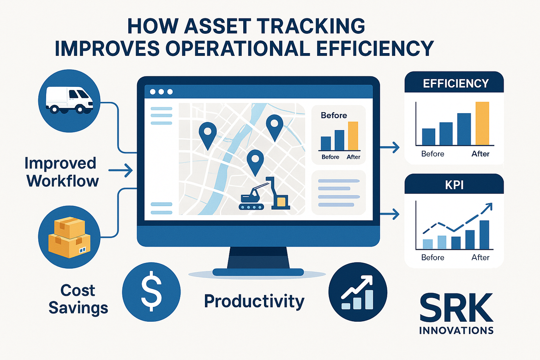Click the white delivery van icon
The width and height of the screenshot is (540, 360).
(x=69, y=100)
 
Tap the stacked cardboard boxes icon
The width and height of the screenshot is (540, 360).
(x=69, y=238)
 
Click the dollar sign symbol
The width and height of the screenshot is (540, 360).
(x=151, y=292)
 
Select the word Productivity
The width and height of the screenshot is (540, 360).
(x=254, y=301)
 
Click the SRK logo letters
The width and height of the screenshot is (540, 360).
(x=456, y=308)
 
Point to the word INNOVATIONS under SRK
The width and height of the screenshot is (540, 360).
(x=456, y=331)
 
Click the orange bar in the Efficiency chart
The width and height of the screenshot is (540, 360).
(x=482, y=123)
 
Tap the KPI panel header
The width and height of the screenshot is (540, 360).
(x=454, y=185)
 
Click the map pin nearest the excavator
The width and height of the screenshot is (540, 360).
(x=255, y=162)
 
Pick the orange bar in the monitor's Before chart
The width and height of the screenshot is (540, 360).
(x=353, y=136)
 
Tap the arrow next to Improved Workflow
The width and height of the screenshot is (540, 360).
(x=120, y=170)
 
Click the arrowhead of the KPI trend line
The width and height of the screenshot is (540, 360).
(x=488, y=207)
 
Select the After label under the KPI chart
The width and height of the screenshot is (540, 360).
(x=480, y=258)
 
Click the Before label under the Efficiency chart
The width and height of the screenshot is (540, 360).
(x=432, y=154)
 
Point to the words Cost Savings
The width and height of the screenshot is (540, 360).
(x=78, y=299)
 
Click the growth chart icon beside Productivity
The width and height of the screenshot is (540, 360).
(x=358, y=292)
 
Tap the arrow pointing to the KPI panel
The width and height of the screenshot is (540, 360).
(x=390, y=214)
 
